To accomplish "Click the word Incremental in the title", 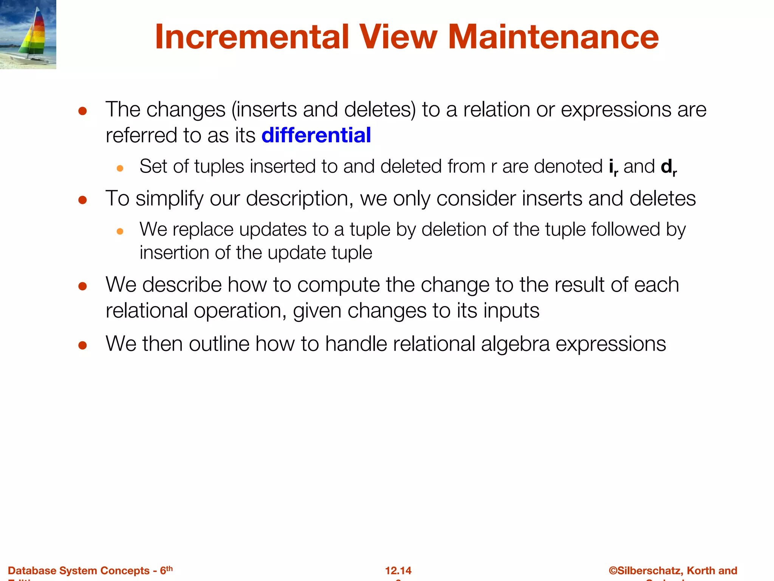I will (x=252, y=37).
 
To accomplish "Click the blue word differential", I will (x=316, y=135).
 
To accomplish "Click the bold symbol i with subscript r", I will (x=613, y=167).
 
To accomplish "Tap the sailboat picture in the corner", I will (x=28, y=34).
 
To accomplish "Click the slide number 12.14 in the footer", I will (x=398, y=570).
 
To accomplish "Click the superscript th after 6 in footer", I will (x=169, y=568).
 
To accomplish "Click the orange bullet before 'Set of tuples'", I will (x=120, y=168).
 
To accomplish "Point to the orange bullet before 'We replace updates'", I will (x=120, y=231).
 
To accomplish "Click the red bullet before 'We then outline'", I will (x=83, y=345).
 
